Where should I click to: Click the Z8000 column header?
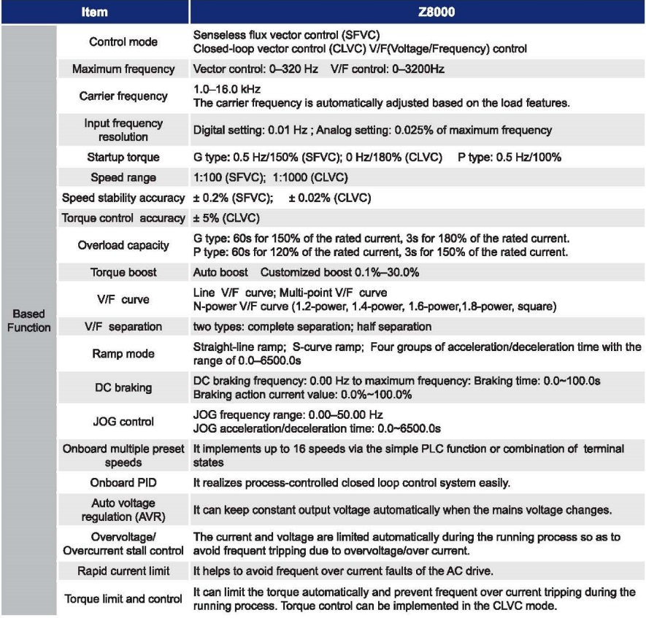tap(417, 12)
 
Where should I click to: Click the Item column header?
tap(95, 12)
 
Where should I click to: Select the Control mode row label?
tap(122, 42)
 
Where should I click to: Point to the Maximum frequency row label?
tap(123, 69)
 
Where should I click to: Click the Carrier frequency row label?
tap(123, 96)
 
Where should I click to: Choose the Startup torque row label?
tap(123, 158)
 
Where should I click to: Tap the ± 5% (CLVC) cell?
tap(227, 218)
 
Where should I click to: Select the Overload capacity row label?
tap(123, 245)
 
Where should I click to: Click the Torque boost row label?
tap(123, 272)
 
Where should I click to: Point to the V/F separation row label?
tap(123, 326)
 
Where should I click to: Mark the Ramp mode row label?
tap(123, 354)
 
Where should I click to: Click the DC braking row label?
tap(123, 388)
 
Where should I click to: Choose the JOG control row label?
tap(123, 422)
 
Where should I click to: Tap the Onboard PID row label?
tap(123, 483)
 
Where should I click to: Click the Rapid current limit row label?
tap(123, 571)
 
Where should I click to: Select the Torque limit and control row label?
tap(123, 599)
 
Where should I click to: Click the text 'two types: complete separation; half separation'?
tap(312, 326)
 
